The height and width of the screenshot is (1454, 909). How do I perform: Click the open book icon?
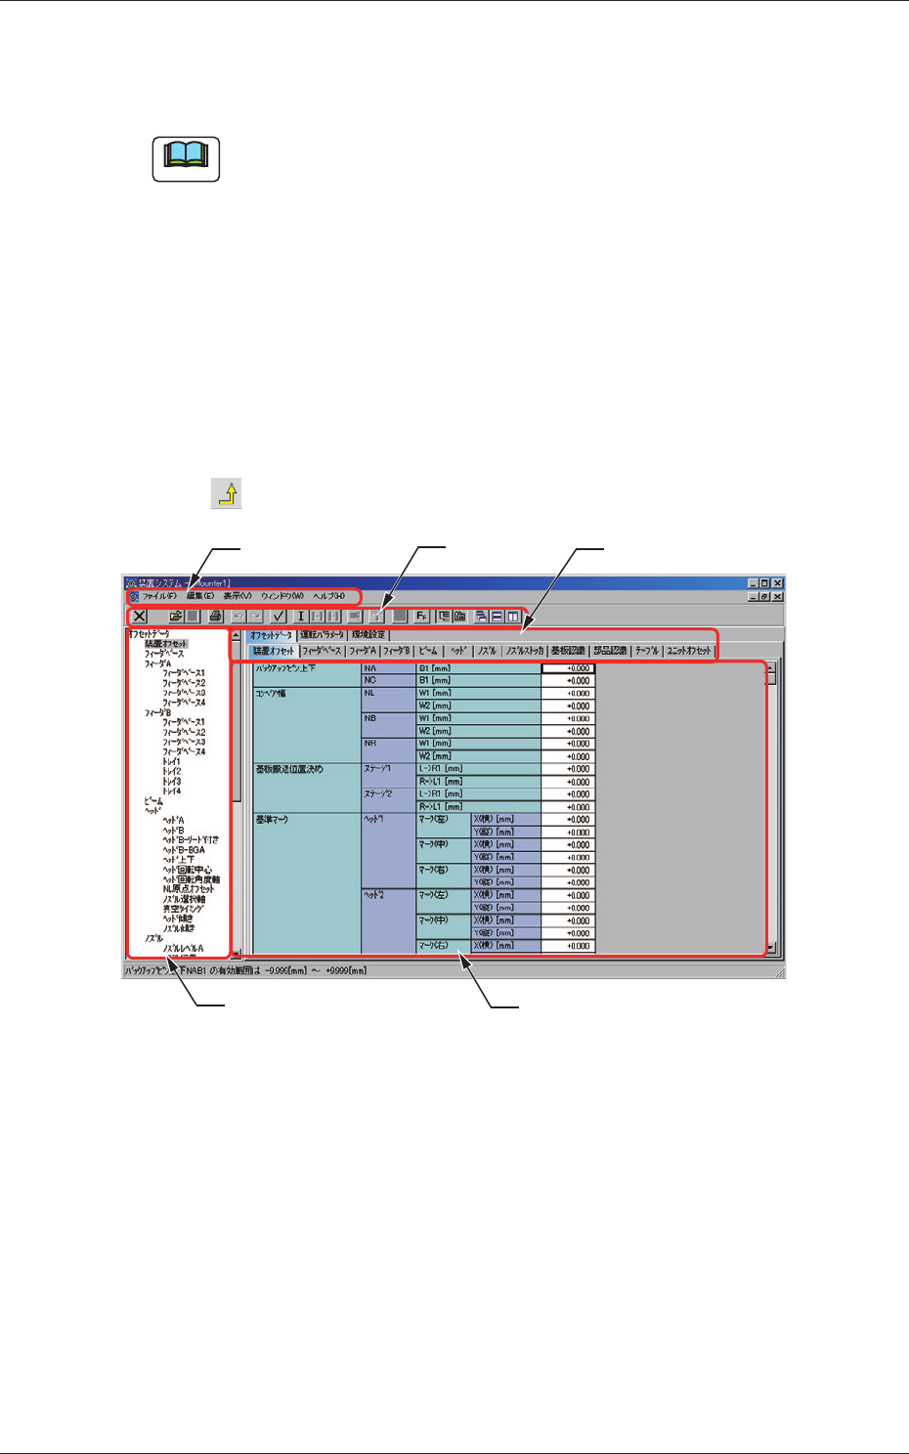(186, 158)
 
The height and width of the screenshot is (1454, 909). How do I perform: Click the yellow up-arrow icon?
(227, 493)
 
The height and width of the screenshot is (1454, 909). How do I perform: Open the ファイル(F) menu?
(159, 596)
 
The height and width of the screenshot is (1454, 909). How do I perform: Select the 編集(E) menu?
(200, 596)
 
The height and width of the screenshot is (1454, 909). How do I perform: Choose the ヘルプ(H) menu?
(328, 596)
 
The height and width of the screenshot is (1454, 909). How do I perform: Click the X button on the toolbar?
(140, 617)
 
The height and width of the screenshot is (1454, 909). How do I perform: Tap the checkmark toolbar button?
(279, 617)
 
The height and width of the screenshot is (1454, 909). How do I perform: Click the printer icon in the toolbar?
(215, 617)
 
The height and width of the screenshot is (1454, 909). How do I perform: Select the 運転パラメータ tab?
(322, 635)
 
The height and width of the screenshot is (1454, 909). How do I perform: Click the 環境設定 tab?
(368, 635)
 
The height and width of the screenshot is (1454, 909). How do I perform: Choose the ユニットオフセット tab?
(689, 651)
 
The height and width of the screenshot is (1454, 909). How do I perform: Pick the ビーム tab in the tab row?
(428, 651)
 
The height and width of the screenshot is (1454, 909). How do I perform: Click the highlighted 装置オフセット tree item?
(166, 644)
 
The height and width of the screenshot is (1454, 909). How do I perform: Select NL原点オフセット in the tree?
(189, 889)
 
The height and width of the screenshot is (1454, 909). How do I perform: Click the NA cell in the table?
(370, 668)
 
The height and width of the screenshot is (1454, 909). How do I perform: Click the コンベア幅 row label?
(271, 694)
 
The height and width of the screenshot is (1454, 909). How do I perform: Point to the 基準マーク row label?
(272, 820)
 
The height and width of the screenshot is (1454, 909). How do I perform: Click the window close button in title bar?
(778, 583)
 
